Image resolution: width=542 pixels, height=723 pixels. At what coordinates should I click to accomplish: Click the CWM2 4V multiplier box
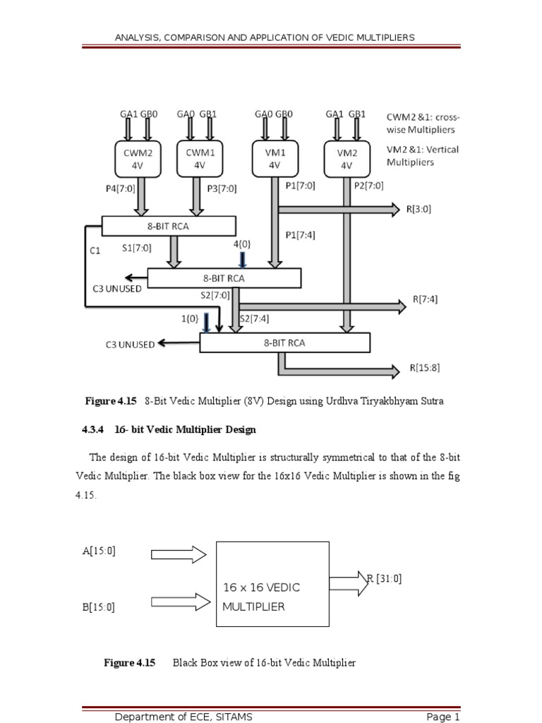coord(138,158)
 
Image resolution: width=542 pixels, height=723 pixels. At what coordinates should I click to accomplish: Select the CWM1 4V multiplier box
coord(199,158)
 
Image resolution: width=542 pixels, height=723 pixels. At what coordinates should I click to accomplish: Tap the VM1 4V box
coord(274,158)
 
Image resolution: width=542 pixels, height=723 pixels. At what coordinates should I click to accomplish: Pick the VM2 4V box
coord(346,159)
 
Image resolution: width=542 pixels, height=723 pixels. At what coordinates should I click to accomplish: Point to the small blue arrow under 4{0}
coord(242,259)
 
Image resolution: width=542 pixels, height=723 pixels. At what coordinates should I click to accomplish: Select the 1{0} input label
coord(189,318)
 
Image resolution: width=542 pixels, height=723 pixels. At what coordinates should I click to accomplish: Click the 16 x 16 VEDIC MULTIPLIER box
coord(272,584)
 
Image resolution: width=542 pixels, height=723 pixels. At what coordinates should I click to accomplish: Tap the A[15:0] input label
coord(98,551)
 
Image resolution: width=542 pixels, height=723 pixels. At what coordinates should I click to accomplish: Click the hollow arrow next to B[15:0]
coord(181,602)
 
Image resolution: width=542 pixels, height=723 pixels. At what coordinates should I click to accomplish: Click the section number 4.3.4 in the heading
coord(90,429)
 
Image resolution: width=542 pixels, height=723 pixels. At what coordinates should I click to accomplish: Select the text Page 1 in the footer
coord(442,717)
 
